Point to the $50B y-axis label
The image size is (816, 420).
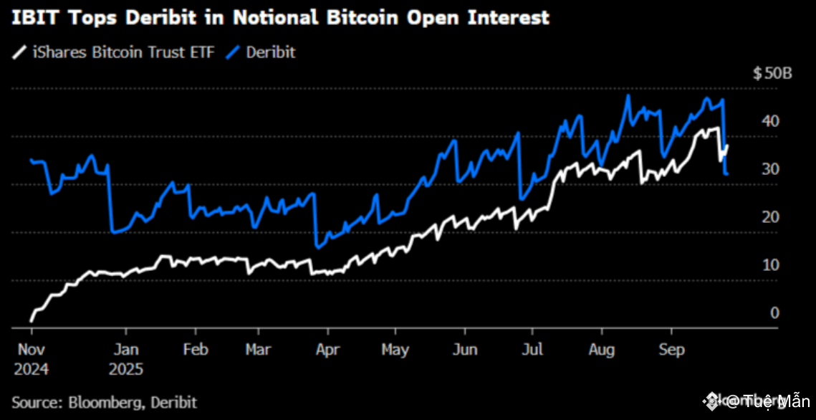[x=772, y=73]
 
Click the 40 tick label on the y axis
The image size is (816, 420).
[x=771, y=121]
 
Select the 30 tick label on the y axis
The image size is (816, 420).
[x=771, y=169]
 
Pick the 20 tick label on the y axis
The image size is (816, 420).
[x=771, y=217]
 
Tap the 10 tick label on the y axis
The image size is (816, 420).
[x=771, y=265]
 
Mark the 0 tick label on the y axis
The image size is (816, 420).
[x=774, y=313]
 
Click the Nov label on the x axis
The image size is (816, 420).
[x=31, y=350]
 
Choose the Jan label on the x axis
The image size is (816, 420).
[x=127, y=350]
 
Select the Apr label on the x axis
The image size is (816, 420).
[x=328, y=350]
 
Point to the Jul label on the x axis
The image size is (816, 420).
[x=532, y=350]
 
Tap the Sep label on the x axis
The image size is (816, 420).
[x=671, y=350]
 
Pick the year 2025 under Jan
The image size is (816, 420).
[x=128, y=370]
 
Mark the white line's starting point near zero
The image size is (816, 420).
[x=32, y=320]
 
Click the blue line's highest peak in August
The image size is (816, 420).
[x=628, y=95]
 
